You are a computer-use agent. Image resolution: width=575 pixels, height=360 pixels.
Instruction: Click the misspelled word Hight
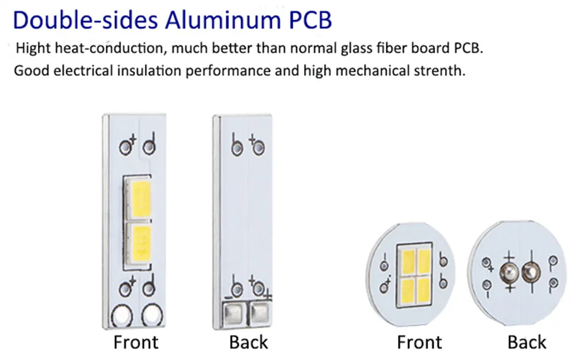click(33, 48)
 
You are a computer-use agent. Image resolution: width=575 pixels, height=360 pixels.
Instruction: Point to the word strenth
click(436, 71)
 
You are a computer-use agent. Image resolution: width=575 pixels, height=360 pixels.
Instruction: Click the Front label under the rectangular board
click(136, 342)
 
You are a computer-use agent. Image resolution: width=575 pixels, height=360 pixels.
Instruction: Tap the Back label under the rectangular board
click(248, 342)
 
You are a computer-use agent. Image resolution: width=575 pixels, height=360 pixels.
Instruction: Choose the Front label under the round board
click(419, 342)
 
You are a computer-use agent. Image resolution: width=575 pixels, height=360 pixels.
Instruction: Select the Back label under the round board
click(526, 342)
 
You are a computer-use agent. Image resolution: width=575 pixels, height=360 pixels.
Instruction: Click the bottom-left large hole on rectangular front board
click(122, 315)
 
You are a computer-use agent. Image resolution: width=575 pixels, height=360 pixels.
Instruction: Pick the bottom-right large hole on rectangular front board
click(152, 315)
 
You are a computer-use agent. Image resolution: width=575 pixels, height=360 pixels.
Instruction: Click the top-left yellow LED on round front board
click(408, 260)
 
